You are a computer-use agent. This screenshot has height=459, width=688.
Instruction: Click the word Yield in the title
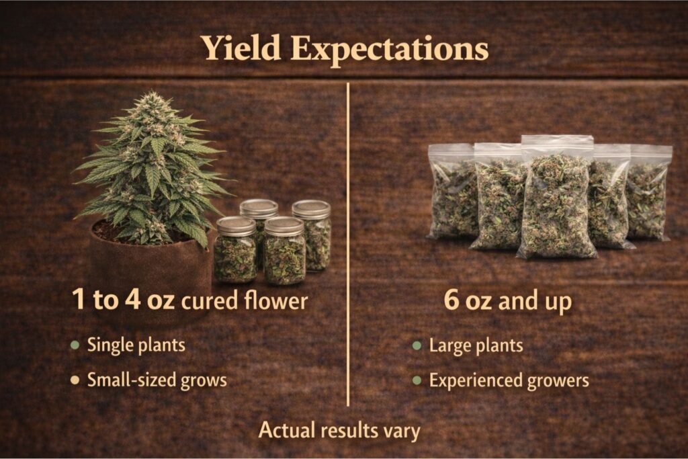241,48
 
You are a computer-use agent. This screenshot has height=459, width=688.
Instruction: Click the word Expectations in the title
390,50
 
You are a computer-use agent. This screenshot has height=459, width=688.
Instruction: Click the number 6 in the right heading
452,300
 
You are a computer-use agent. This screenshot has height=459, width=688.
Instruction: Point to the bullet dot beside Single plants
75,345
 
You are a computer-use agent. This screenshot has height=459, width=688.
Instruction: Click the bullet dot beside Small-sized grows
75,380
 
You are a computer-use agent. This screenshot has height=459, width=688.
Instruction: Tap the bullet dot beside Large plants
417,345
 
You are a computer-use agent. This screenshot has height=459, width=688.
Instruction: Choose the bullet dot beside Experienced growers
417,380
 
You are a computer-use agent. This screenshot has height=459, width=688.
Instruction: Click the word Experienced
475,381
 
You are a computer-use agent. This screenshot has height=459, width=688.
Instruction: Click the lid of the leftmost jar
236,226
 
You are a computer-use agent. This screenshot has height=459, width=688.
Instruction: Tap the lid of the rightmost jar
311,209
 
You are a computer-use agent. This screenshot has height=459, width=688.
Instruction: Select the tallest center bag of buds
556,198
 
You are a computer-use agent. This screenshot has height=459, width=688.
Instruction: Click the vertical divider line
348,244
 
